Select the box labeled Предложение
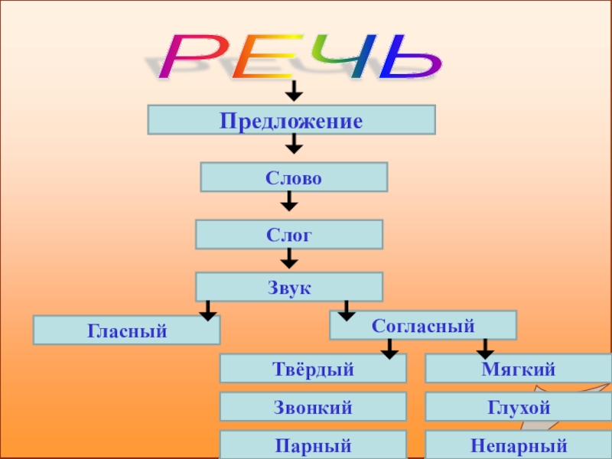291,120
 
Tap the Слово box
294,177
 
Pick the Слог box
289,234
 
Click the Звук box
289,287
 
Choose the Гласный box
126,330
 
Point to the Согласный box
423,325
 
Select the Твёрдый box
313,368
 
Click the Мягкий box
518,368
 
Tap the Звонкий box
313,407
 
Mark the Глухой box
518,407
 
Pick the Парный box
313,444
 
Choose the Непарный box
518,444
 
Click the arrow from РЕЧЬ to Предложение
294,93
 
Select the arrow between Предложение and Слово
294,143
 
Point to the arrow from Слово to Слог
289,202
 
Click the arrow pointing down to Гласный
207,311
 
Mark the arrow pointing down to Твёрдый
389,350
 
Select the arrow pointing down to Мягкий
484,350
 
